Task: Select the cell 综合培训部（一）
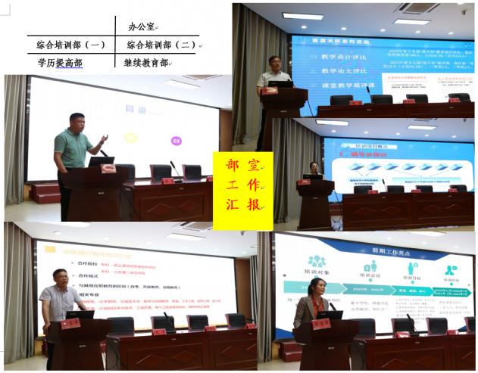71,45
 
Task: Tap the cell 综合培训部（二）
161,45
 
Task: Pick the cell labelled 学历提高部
60,63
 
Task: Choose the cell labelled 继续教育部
145,63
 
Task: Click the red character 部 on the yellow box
233,165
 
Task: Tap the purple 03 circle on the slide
177,141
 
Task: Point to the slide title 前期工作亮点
373,241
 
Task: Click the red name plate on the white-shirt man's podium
70,323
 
